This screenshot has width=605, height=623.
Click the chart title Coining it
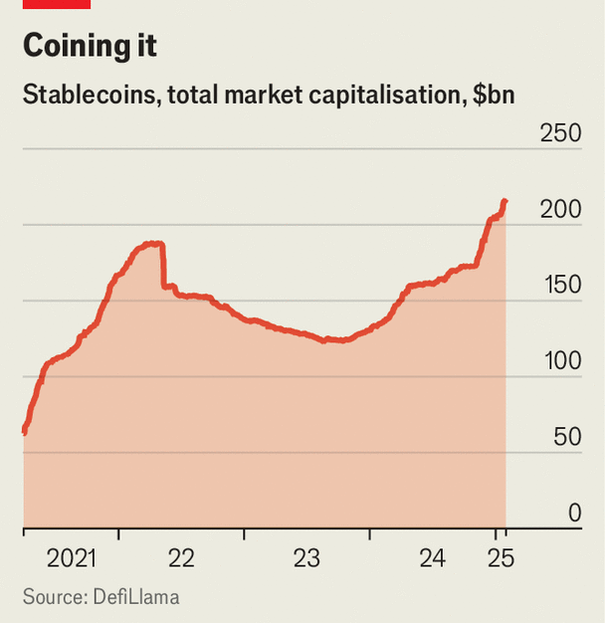point(90,47)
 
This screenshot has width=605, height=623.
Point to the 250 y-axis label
point(560,133)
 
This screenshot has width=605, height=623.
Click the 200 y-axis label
point(560,210)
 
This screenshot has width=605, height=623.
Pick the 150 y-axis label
point(560,286)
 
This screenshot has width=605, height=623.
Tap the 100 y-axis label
point(560,361)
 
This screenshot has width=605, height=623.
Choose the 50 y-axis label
point(567,437)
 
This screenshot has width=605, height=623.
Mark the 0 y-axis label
point(574,513)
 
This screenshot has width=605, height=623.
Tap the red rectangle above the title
point(56,4)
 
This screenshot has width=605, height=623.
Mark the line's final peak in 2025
point(504,202)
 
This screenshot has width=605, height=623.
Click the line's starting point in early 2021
point(24,431)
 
